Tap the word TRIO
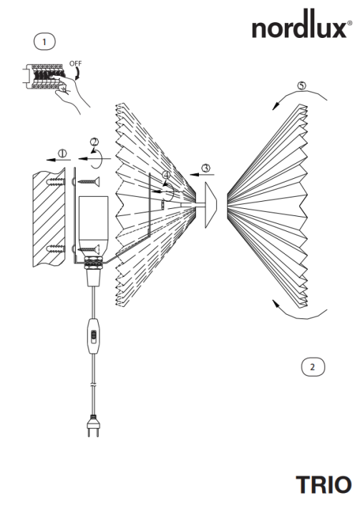tap(323, 484)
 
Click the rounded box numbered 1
tap(44, 41)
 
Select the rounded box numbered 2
tap(313, 367)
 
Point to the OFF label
tap(75, 64)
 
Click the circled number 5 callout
tap(302, 86)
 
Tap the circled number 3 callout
tap(205, 168)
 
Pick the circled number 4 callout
tap(167, 175)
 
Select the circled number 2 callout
tap(94, 142)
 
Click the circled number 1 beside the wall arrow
tap(62, 153)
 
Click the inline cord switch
tap(93, 336)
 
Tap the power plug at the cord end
tap(93, 426)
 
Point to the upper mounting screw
tap(89, 182)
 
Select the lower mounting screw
tap(89, 249)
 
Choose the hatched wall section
tap(49, 219)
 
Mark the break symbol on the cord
tap(93, 385)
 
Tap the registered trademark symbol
tap(350, 23)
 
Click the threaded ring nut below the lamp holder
tap(93, 263)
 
